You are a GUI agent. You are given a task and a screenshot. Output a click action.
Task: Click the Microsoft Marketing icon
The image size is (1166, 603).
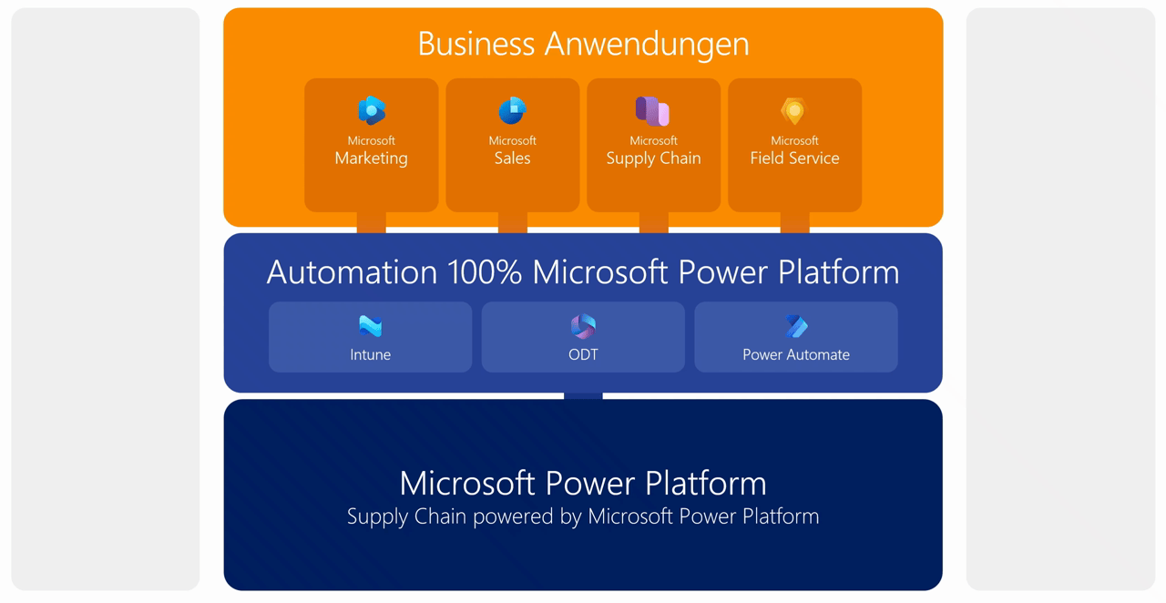[x=372, y=111]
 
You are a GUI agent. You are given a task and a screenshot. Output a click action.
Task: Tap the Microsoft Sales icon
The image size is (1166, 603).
[x=512, y=111]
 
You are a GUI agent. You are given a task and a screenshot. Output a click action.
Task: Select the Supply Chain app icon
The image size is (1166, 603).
[x=653, y=111]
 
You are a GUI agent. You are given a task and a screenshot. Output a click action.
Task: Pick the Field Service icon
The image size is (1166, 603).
[x=794, y=111]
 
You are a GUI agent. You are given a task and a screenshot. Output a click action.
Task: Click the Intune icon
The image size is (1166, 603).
[x=370, y=326]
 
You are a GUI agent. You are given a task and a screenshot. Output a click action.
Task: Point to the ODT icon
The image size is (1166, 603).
[x=583, y=326]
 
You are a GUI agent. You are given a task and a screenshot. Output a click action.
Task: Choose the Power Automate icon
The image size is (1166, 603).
[x=796, y=326]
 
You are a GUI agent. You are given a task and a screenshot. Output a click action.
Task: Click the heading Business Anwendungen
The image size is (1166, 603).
[x=583, y=44]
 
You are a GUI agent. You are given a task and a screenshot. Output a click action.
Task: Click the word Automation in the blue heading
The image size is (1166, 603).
[x=352, y=272]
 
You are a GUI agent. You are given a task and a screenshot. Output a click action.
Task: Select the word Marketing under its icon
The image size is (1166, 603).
[x=372, y=158]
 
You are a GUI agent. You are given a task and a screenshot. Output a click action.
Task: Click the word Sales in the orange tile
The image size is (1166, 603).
[x=512, y=158]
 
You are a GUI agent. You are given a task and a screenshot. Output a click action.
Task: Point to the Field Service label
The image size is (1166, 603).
[x=794, y=158]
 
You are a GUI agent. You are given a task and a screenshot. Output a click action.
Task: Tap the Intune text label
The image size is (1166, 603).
[x=370, y=355]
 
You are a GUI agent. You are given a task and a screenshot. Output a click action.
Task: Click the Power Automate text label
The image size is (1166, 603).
[x=796, y=355]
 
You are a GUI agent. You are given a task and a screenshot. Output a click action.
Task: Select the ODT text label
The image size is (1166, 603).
[x=583, y=355]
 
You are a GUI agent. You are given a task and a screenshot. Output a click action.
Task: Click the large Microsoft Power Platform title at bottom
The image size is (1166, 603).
[x=583, y=483]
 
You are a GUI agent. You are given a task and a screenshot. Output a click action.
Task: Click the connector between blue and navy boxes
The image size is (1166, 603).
[x=583, y=396]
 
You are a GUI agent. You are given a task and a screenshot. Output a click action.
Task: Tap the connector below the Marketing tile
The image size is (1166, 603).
[x=372, y=222]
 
